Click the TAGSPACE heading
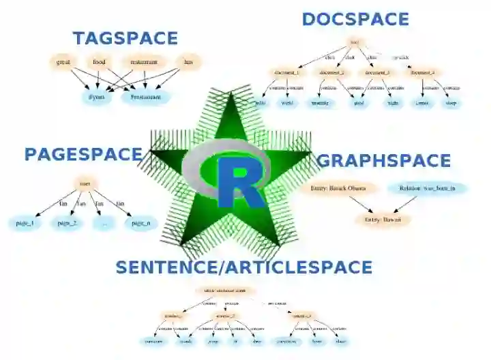click(x=125, y=38)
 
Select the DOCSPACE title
click(x=355, y=19)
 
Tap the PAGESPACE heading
click(x=83, y=154)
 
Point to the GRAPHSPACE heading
click(x=384, y=161)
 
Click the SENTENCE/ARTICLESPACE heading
click(x=244, y=267)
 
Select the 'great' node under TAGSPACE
click(x=63, y=62)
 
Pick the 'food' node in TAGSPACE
click(x=100, y=62)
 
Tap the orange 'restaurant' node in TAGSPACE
click(x=144, y=62)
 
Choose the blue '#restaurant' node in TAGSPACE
click(x=145, y=97)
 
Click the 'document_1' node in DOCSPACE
click(x=287, y=72)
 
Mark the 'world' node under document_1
click(x=287, y=103)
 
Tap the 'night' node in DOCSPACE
click(x=393, y=103)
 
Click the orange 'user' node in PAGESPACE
click(x=85, y=184)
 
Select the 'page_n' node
click(x=140, y=223)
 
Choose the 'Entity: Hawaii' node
click(x=383, y=220)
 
